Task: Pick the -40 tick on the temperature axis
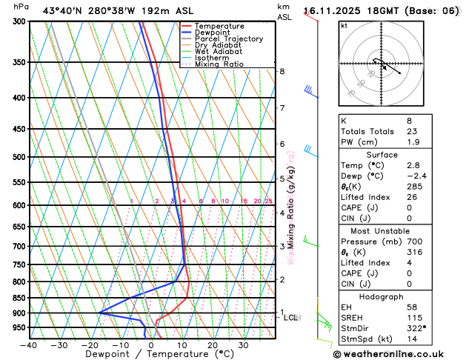coord(29,344)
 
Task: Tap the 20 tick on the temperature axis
coord(213,344)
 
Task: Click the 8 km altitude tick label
coord(282,71)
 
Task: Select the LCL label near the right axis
coord(291,317)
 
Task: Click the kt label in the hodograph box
coord(344,25)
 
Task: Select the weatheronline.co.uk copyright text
coord(399,353)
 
